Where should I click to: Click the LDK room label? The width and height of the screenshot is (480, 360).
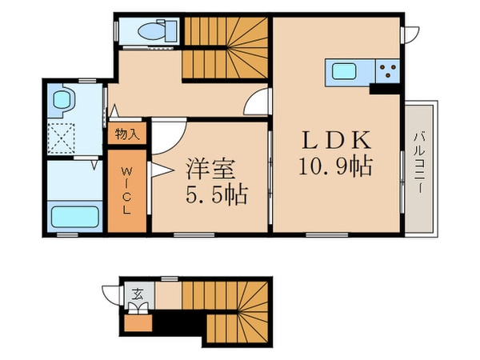click(335, 141)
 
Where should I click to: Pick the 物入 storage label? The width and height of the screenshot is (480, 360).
click(126, 134)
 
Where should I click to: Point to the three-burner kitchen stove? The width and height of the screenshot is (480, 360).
click(388, 71)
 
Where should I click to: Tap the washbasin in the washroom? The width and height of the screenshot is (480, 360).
click(61, 100)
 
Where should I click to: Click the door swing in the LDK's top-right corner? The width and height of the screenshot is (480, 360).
click(410, 34)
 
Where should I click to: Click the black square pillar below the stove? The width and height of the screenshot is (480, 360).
click(376, 89)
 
